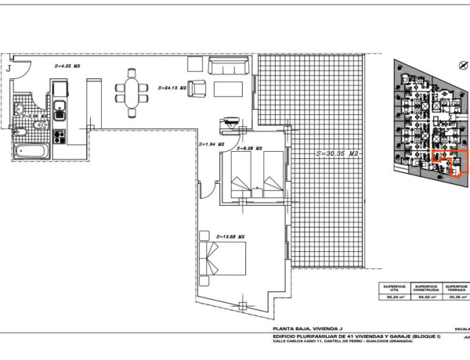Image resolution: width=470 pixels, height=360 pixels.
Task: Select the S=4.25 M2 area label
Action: tap(67, 67)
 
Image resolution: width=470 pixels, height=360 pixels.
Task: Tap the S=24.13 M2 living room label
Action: tap(171, 88)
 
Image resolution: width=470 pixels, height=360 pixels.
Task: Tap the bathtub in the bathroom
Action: tap(31, 146)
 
